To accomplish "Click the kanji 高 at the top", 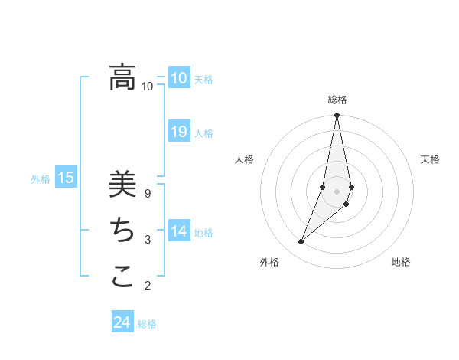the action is tap(122, 77).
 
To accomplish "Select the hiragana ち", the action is tap(122, 230).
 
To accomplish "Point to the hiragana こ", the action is tap(122, 276).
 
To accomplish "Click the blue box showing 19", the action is tap(179, 132).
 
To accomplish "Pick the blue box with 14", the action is tap(179, 231).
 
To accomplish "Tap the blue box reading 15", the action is tap(66, 178).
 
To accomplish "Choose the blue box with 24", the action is tap(122, 322).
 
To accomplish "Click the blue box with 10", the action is tap(179, 78).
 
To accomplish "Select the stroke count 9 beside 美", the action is tap(148, 194).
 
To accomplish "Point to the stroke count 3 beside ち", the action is tap(148, 240).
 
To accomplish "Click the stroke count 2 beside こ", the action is tap(148, 286).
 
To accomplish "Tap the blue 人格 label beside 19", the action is tap(203, 133).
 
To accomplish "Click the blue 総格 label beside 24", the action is tap(147, 324).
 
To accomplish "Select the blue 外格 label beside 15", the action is tap(41, 180).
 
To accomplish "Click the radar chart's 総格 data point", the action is tap(337, 116).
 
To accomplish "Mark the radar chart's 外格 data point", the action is tap(301, 242).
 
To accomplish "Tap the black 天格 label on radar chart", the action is tap(430, 159).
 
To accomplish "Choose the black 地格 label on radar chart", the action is tap(401, 262).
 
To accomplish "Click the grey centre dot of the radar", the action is tap(337, 191).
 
